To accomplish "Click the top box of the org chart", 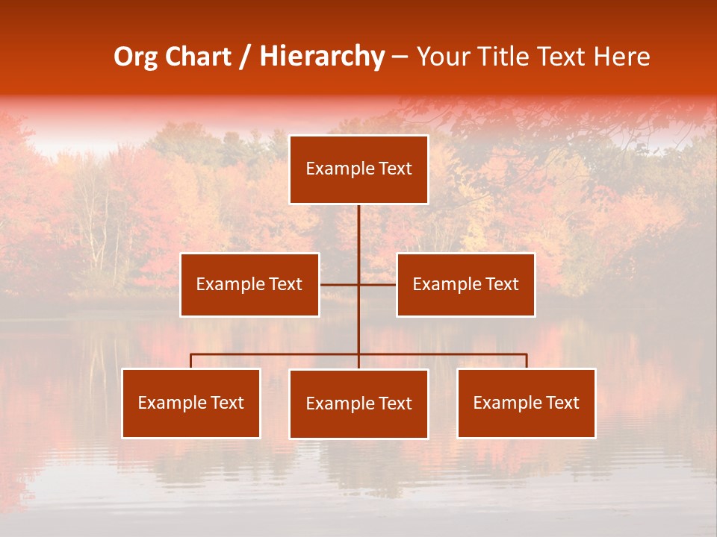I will pos(358,169).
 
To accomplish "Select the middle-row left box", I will pos(249,284).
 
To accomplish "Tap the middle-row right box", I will pos(465,284).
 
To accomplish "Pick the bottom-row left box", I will pos(191,403).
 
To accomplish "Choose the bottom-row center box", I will pos(358,403).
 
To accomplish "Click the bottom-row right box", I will pos(526,403).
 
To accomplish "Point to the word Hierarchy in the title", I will pos(321,57).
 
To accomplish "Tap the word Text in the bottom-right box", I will pos(562,403).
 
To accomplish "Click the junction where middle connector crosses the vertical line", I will pos(358,284).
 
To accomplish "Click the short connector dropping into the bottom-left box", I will pos(191,361).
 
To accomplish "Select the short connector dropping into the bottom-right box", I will pos(526,361).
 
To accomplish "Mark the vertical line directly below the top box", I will pos(358,227).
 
